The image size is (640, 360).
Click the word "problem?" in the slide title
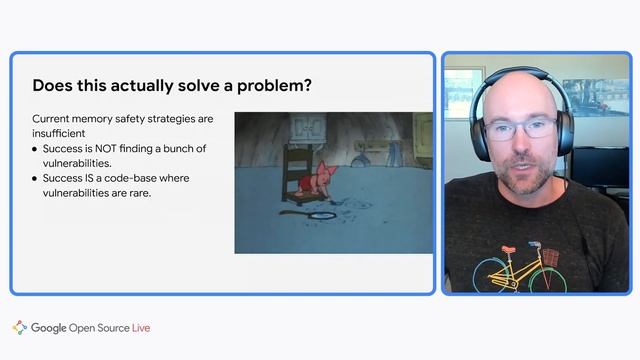click(x=276, y=86)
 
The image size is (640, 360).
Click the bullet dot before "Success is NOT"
click(x=35, y=148)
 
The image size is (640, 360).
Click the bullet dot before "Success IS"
click(x=35, y=178)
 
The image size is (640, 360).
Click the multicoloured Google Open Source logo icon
click(x=19, y=328)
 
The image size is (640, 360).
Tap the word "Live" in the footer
click(x=141, y=328)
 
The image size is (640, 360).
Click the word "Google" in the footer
click(x=48, y=328)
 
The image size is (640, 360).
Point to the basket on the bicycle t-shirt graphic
click(x=550, y=258)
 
